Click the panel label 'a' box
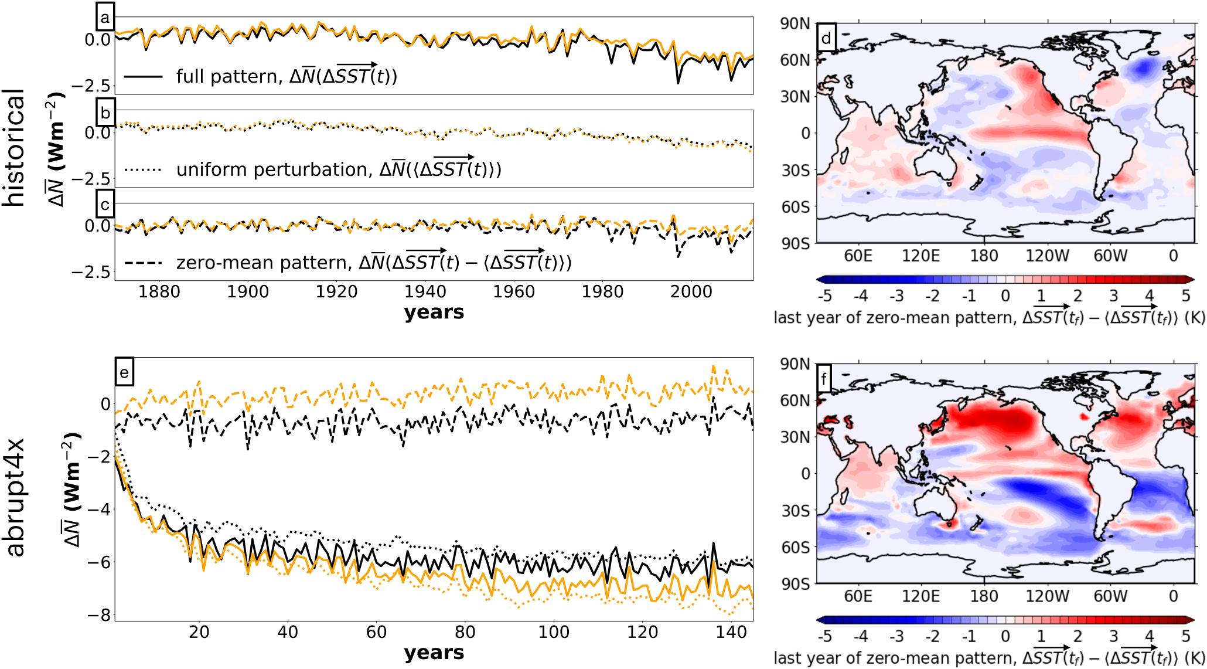104,18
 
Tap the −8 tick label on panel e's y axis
96,615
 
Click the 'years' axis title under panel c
434,312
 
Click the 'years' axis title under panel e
434,652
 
